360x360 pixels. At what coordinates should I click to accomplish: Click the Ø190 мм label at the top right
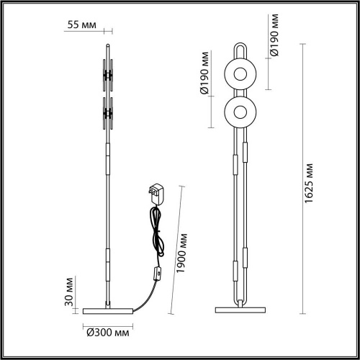(274, 35)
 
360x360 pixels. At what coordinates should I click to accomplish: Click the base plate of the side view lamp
(108, 310)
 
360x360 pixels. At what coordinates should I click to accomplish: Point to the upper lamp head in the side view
(109, 74)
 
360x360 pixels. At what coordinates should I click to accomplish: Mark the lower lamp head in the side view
(109, 112)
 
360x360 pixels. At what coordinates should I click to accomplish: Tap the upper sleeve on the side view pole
(109, 160)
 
